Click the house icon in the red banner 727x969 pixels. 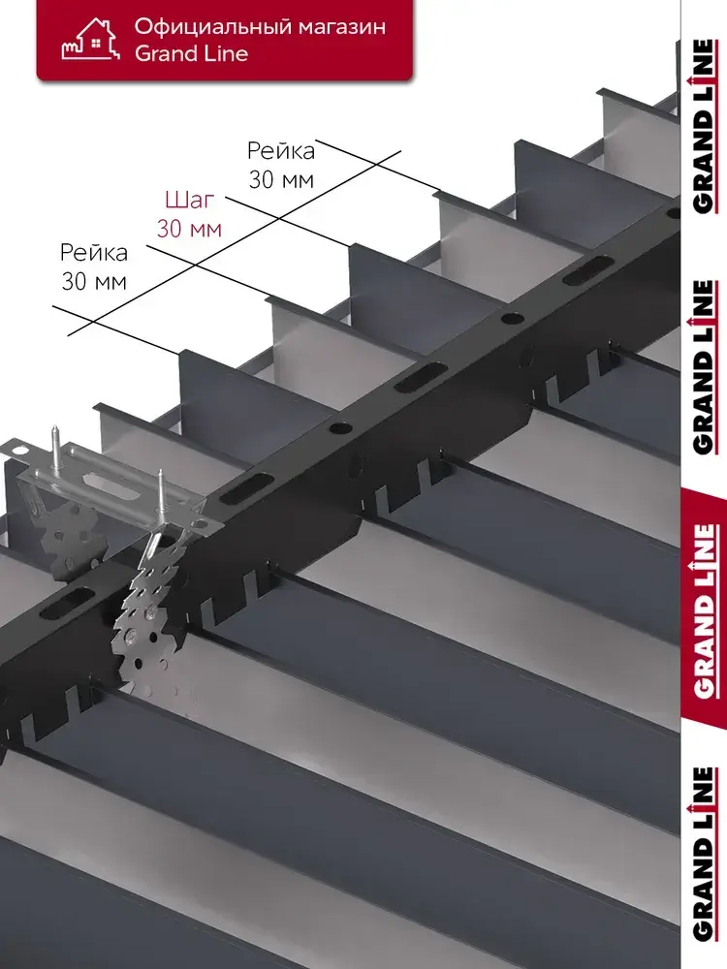(x=89, y=39)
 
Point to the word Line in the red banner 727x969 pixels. (x=228, y=53)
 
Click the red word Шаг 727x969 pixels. (x=190, y=200)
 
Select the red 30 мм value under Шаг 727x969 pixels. (x=189, y=229)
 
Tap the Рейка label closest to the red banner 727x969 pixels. (x=281, y=150)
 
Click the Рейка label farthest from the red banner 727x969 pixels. (x=94, y=252)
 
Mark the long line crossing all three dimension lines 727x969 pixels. (x=235, y=242)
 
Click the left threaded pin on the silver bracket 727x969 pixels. (x=55, y=446)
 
